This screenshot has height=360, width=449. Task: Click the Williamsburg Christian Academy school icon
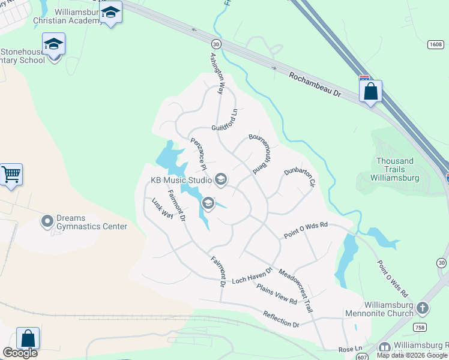tap(110, 12)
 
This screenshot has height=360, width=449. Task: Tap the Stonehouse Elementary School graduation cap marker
tap(53, 44)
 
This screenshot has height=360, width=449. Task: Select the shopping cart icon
tap(11, 175)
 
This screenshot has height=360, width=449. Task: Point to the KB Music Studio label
tap(181, 180)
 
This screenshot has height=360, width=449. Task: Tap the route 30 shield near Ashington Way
tap(215, 43)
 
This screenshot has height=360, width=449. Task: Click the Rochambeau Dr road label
tap(314, 86)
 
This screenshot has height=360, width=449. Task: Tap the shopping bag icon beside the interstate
tap(371, 91)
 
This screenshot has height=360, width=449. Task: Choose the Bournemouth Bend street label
tap(261, 154)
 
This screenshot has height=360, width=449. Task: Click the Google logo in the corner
tap(20, 353)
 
